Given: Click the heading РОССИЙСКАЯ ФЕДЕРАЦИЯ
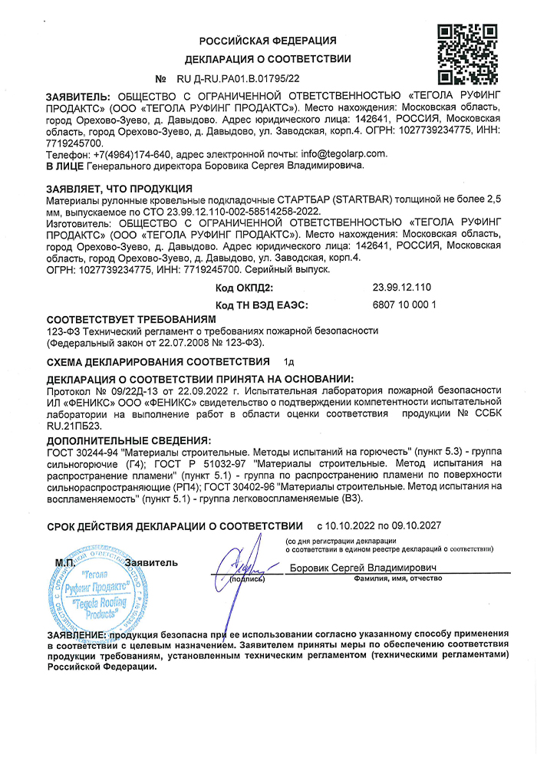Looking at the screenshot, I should pos(268,41).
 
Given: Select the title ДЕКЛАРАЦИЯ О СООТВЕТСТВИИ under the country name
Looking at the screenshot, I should pos(268,59).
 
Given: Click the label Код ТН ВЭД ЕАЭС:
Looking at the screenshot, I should pos(262,304).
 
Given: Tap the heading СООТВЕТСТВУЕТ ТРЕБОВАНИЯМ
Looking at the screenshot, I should pos(131,318).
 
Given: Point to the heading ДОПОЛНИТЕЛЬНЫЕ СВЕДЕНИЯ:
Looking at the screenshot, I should pos(128,441).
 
